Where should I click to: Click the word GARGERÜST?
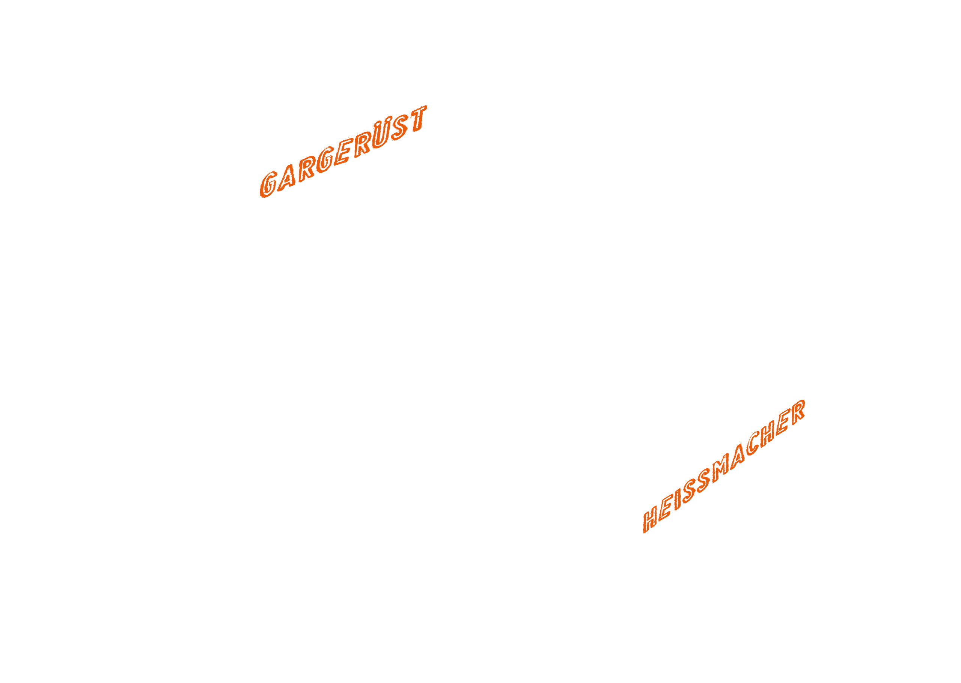pyautogui.click(x=343, y=151)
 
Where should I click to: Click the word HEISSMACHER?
pyautogui.click(x=724, y=466)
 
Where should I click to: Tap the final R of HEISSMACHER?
pyautogui.click(x=798, y=411)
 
